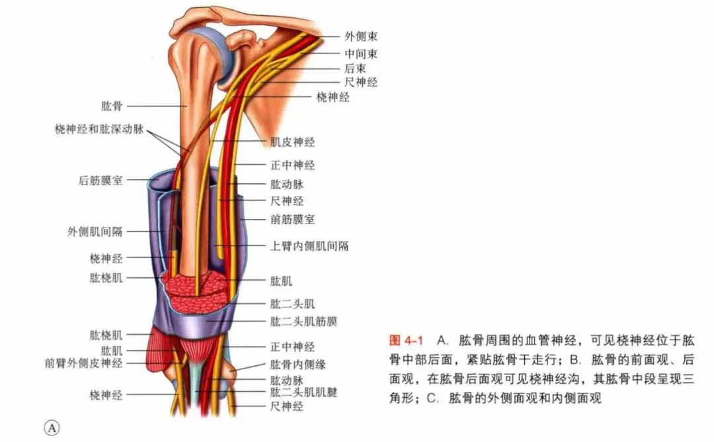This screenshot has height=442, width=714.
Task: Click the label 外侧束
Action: tap(361, 36)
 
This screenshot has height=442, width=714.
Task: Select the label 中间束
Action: tap(361, 53)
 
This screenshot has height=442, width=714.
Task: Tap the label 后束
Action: tap(355, 68)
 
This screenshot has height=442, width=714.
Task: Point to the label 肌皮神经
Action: tap(292, 142)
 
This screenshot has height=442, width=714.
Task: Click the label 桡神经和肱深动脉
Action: tap(99, 129)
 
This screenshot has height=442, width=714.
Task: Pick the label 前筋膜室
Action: tap(292, 218)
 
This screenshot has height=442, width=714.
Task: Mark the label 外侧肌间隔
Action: tap(95, 232)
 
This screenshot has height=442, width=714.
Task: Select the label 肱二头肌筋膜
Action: tap(304, 322)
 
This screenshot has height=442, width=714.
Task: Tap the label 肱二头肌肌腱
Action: tap(303, 392)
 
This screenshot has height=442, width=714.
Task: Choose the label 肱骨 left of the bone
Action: tap(112, 106)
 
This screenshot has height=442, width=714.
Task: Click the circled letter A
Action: tap(52, 427)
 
